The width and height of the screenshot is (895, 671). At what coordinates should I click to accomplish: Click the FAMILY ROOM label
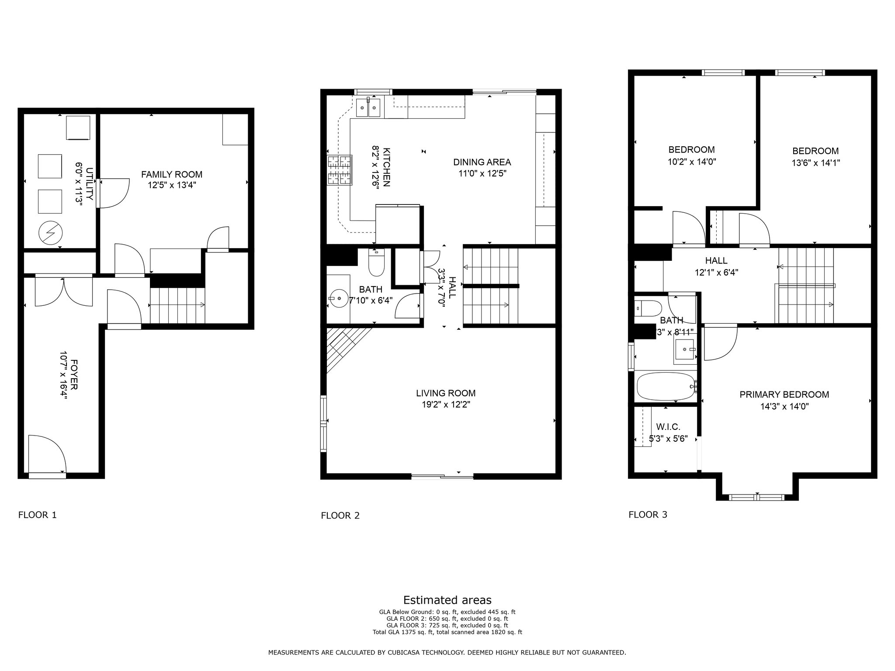[x=171, y=174]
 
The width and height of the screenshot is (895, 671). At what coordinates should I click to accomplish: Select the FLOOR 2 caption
[x=340, y=515]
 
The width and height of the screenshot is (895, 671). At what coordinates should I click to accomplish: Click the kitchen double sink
[x=368, y=107]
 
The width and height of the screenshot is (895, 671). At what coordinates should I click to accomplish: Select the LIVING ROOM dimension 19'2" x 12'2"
[x=445, y=405]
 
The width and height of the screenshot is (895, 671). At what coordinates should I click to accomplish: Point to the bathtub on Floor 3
[x=666, y=386]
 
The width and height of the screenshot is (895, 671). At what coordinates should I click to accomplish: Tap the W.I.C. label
[x=668, y=427]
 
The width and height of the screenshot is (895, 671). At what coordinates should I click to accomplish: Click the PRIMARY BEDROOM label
[x=784, y=394]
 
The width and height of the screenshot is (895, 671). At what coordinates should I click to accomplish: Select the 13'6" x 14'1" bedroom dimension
[x=815, y=163]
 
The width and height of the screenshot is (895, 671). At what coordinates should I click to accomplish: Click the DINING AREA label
[x=482, y=162]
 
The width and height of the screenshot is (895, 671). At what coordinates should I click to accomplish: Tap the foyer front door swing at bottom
[x=47, y=454]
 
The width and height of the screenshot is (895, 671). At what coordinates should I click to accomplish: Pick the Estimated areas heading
[x=447, y=600]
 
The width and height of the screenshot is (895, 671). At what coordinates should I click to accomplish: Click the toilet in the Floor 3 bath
[x=646, y=308]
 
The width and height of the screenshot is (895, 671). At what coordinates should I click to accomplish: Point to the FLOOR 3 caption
[x=648, y=515]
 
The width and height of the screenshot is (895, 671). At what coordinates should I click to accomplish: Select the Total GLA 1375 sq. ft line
[x=447, y=632]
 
